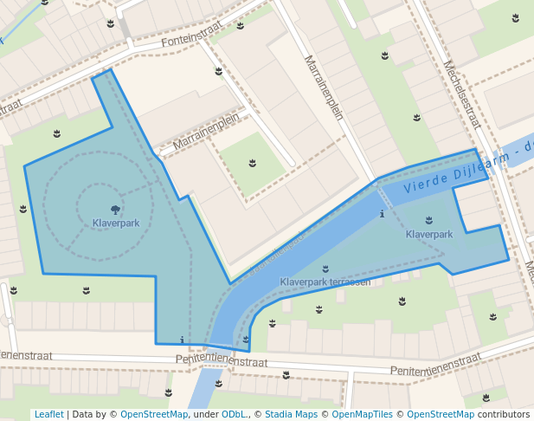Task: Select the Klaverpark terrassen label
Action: point(325,282)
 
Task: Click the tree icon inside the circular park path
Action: point(115,209)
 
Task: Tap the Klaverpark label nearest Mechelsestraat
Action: point(429,235)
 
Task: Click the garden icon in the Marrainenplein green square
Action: point(253,162)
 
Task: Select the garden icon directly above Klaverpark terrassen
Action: point(325,269)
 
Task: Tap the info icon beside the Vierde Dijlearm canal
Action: point(382,213)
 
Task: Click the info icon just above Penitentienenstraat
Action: point(182,339)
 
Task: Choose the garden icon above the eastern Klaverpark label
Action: point(429,221)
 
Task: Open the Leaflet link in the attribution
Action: point(48,414)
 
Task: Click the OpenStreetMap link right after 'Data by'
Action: point(154,414)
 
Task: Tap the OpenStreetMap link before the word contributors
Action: point(440,414)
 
